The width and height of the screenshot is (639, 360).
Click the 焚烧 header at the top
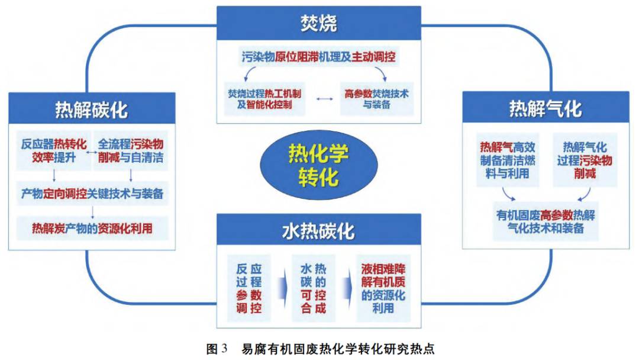(318, 23)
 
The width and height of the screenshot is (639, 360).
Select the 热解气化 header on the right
(545, 109)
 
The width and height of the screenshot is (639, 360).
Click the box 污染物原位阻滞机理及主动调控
(318, 57)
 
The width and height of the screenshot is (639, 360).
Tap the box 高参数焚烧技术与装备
(377, 101)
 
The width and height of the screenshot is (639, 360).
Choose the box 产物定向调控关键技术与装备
(91, 193)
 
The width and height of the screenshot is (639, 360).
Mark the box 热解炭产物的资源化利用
(91, 227)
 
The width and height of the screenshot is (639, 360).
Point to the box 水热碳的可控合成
(314, 287)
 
